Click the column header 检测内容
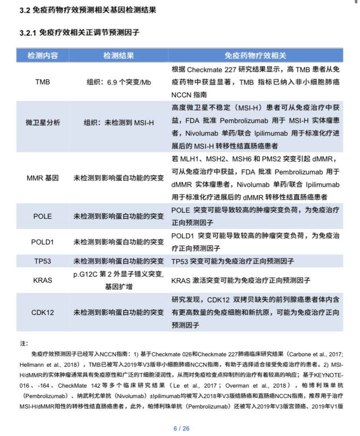43,56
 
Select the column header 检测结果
118,56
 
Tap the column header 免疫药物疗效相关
255,56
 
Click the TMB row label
43,82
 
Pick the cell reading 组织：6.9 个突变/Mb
118,82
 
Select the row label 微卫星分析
43,123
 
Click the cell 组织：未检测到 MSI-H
118,123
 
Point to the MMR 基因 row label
43,178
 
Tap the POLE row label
43,216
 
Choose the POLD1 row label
43,241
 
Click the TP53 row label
43,261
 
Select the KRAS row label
43,280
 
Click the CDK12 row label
43,312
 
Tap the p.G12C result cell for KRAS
118,280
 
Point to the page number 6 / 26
181,428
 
